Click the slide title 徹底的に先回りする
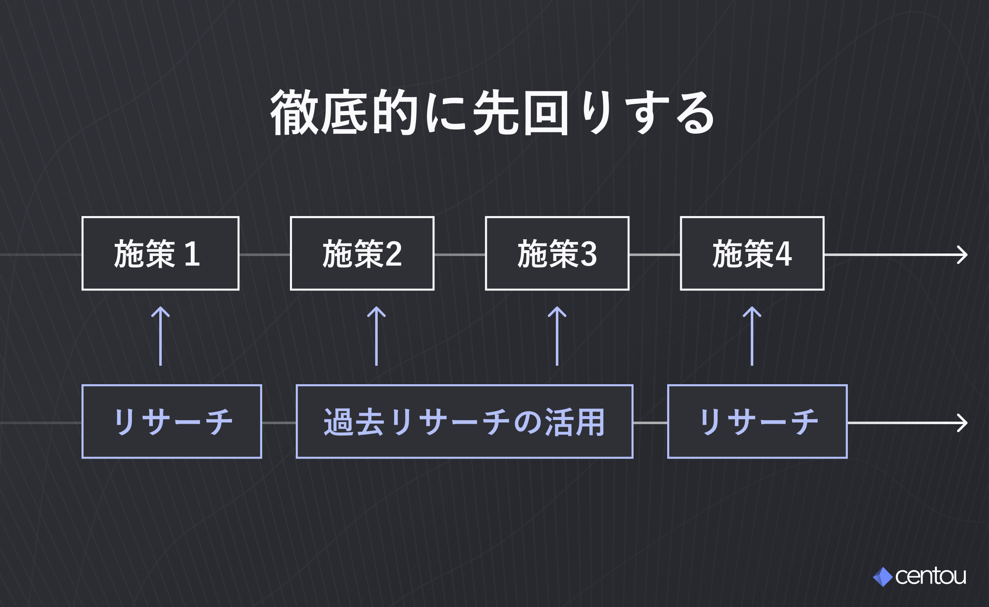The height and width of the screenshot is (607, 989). coord(492,113)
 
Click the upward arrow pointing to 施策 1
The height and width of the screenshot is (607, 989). coord(160,336)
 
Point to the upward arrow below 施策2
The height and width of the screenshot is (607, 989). coord(376,336)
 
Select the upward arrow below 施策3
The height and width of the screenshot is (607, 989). coord(557,336)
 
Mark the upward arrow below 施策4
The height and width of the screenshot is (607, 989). coord(752,336)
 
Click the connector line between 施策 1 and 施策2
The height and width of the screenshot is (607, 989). coord(265,255)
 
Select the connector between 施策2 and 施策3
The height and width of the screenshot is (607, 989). coord(460,255)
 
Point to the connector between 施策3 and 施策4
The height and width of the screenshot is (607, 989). coord(655,255)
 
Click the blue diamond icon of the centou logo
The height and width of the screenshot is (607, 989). coord(883,577)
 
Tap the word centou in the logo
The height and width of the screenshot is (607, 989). coord(931,576)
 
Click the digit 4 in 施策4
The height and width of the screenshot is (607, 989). coord(784,254)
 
